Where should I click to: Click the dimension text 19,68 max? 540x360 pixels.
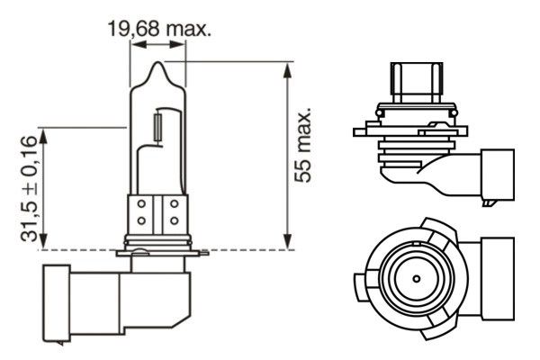(158, 30)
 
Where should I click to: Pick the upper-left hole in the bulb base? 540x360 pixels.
(142, 205)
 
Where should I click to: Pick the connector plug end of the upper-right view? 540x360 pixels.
(500, 175)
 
